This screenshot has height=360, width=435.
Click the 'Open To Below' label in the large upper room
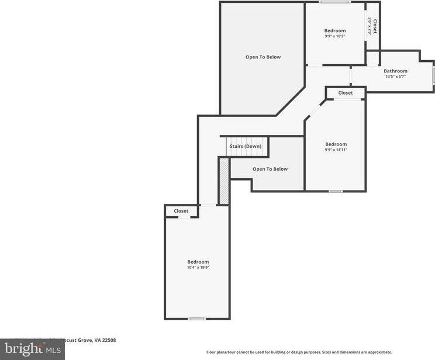pyautogui.click(x=263, y=57)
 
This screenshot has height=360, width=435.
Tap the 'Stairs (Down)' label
pyautogui.click(x=245, y=146)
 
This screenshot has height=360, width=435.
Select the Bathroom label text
pyautogui.click(x=395, y=71)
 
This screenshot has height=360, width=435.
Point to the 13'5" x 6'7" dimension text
pyautogui.click(x=395, y=77)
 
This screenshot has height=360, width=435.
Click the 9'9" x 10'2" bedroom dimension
pyautogui.click(x=335, y=36)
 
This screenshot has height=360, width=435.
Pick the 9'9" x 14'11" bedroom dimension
pyautogui.click(x=336, y=150)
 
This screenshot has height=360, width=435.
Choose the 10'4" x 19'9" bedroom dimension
pyautogui.click(x=198, y=267)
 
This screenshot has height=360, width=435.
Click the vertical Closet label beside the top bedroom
pyautogui.click(x=375, y=27)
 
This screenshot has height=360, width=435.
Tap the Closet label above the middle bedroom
pyautogui.click(x=345, y=93)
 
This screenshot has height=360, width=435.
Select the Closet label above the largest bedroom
pyautogui.click(x=181, y=211)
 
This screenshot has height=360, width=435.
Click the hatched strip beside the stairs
pyautogui.click(x=223, y=181)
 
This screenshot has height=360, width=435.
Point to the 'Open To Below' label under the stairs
pyautogui.click(x=270, y=169)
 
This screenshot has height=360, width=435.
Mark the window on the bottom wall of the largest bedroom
pyautogui.click(x=197, y=319)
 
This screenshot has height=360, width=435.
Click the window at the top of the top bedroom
pyautogui.click(x=335, y=2)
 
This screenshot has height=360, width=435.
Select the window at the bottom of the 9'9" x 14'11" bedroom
pyautogui.click(x=335, y=191)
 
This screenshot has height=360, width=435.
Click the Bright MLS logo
pyautogui.click(x=32, y=349)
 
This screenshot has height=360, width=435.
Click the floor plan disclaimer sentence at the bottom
pyautogui.click(x=299, y=352)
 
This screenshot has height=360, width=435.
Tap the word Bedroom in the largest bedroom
pyautogui.click(x=198, y=262)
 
